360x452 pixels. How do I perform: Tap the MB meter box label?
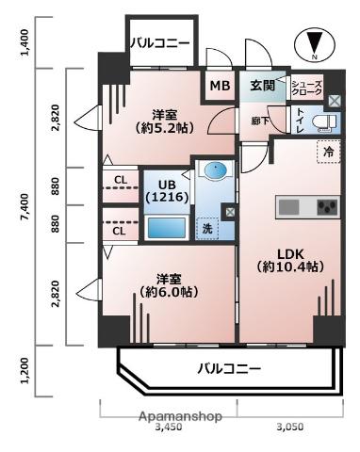(x=220, y=87)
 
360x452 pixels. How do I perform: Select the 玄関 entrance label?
(x=262, y=87)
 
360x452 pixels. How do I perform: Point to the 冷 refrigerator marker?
(x=329, y=152)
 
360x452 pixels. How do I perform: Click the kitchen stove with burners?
(x=327, y=206)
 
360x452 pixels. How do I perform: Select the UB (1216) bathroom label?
(x=168, y=190)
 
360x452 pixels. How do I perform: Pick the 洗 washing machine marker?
(x=206, y=227)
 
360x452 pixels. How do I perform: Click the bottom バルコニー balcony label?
(x=229, y=368)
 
